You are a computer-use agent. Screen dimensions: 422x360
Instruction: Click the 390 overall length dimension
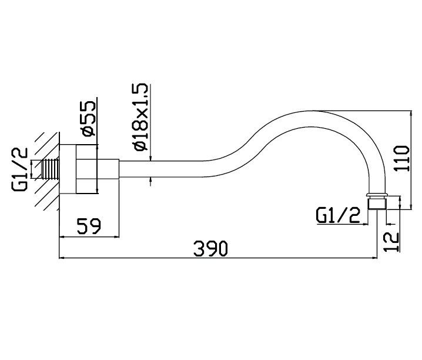tap(210, 248)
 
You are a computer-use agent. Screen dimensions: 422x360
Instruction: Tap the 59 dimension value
tap(89, 226)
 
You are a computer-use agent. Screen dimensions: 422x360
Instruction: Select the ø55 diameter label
tap(88, 119)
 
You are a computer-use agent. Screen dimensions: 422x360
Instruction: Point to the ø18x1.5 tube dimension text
tap(140, 117)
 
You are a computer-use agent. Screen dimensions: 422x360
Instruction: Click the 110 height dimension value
tap(401, 158)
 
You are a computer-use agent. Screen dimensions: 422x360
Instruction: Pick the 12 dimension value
tap(391, 242)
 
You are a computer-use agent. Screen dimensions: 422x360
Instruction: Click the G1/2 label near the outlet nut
tap(338, 215)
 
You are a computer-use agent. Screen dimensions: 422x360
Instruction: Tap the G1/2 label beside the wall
tap(19, 169)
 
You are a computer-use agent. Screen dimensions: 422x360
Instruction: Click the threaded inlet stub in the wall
tap(51, 169)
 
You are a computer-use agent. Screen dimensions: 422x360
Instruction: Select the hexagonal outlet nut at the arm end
tap(377, 203)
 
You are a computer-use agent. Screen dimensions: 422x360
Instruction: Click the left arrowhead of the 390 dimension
tap(62, 258)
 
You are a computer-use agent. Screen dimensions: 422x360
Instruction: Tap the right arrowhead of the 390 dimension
tap(374, 258)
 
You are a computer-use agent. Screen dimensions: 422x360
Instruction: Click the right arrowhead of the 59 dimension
tap(116, 237)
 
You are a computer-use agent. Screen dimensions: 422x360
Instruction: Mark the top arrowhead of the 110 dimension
tap(411, 114)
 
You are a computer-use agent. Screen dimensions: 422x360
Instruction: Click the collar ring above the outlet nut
tap(377, 195)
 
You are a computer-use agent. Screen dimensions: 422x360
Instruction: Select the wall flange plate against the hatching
tap(68, 169)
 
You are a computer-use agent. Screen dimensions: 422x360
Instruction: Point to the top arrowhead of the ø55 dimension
tap(97, 148)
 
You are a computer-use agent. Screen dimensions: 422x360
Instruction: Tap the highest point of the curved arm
tap(312, 111)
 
